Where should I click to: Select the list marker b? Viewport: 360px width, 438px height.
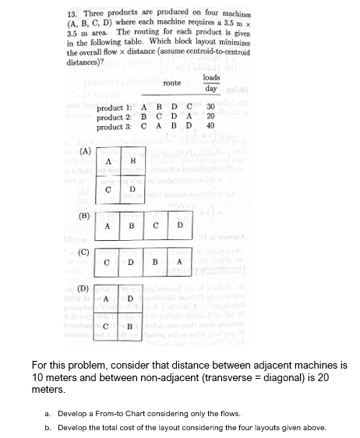pos(48,427)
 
